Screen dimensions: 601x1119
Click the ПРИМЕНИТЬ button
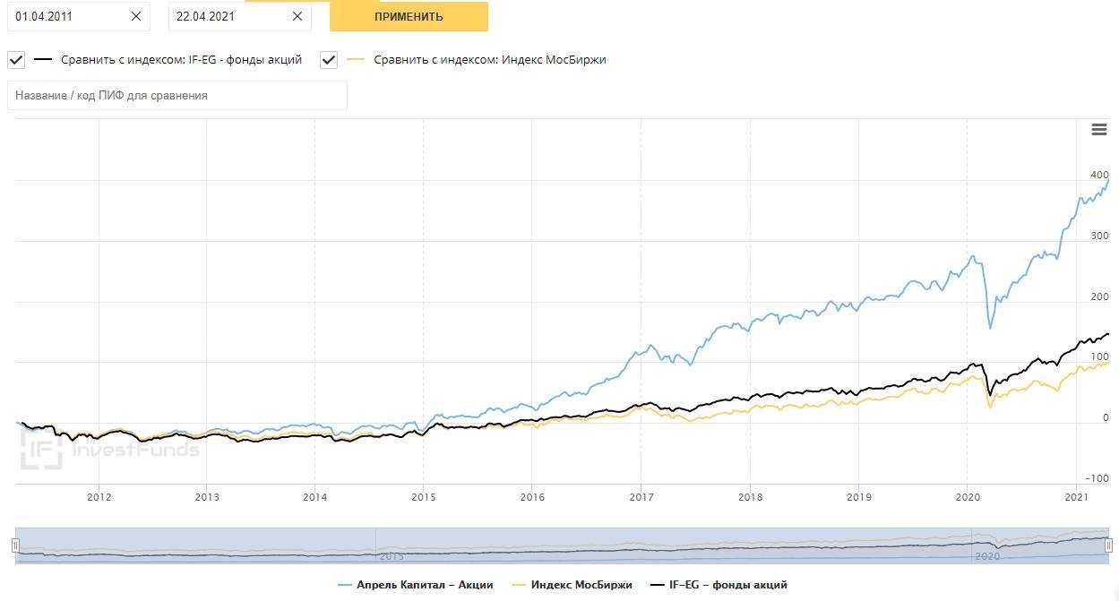409,16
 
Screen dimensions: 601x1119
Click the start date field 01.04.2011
67,16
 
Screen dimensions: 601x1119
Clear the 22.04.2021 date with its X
297,16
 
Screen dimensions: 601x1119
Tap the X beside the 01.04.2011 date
135,16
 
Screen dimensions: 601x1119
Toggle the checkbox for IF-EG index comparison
16,60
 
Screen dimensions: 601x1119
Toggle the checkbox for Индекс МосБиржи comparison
329,60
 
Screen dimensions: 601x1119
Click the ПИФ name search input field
176,95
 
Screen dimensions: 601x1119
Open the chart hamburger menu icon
1099,130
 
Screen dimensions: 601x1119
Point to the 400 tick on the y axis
1099,176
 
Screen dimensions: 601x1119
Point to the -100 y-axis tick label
1096,479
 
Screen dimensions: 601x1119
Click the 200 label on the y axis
1099,297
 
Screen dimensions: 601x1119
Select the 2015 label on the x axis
424,497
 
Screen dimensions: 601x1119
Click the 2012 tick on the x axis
99,497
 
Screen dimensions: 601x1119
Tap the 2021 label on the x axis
1075,497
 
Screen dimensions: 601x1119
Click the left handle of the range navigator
15,545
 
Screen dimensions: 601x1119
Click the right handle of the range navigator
1108,545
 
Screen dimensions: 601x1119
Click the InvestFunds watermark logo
108,449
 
